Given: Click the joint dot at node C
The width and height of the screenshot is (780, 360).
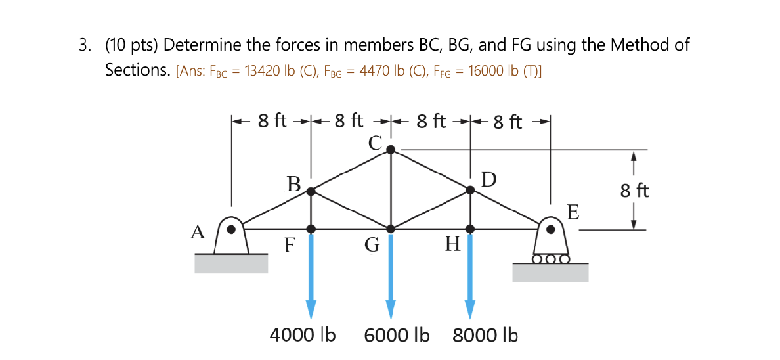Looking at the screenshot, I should (x=391, y=150).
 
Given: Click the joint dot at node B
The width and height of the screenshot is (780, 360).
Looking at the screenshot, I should (x=311, y=191).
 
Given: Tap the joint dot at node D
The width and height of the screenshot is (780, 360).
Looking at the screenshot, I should (x=470, y=190).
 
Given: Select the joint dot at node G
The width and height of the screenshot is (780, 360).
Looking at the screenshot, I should (x=391, y=229).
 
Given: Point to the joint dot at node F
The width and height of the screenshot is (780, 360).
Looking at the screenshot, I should (x=311, y=229).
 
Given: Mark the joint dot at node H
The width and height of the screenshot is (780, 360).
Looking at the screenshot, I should (x=470, y=229).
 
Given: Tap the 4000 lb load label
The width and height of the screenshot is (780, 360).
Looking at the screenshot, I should (x=303, y=335).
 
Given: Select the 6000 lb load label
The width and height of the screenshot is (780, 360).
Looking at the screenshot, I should (x=397, y=335).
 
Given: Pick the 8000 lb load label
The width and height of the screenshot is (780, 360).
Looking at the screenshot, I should (x=485, y=335).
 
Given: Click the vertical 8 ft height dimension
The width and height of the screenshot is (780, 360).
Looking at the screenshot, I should (x=634, y=191).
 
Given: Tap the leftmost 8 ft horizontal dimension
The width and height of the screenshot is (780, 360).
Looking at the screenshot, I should (x=272, y=121).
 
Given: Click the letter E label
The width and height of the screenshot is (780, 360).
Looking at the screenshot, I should (x=573, y=212).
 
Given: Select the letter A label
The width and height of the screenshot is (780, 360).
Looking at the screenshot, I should (x=198, y=231).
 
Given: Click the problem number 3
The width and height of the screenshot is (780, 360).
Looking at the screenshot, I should (x=83, y=45).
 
